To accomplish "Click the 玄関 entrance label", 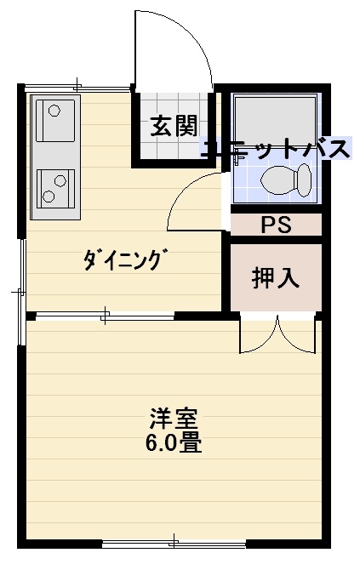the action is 174,126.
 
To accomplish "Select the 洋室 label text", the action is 174,419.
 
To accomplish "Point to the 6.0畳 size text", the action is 174,442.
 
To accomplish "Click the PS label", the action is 277,225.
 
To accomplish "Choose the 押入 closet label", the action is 276,278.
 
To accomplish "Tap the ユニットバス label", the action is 277,148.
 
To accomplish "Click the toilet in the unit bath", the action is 286,180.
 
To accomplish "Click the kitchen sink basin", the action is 55,120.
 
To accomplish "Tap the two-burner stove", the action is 55,189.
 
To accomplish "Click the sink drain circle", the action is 54,110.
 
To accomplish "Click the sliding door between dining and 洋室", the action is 105,316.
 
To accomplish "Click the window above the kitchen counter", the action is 77,88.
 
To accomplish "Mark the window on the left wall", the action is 21,292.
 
